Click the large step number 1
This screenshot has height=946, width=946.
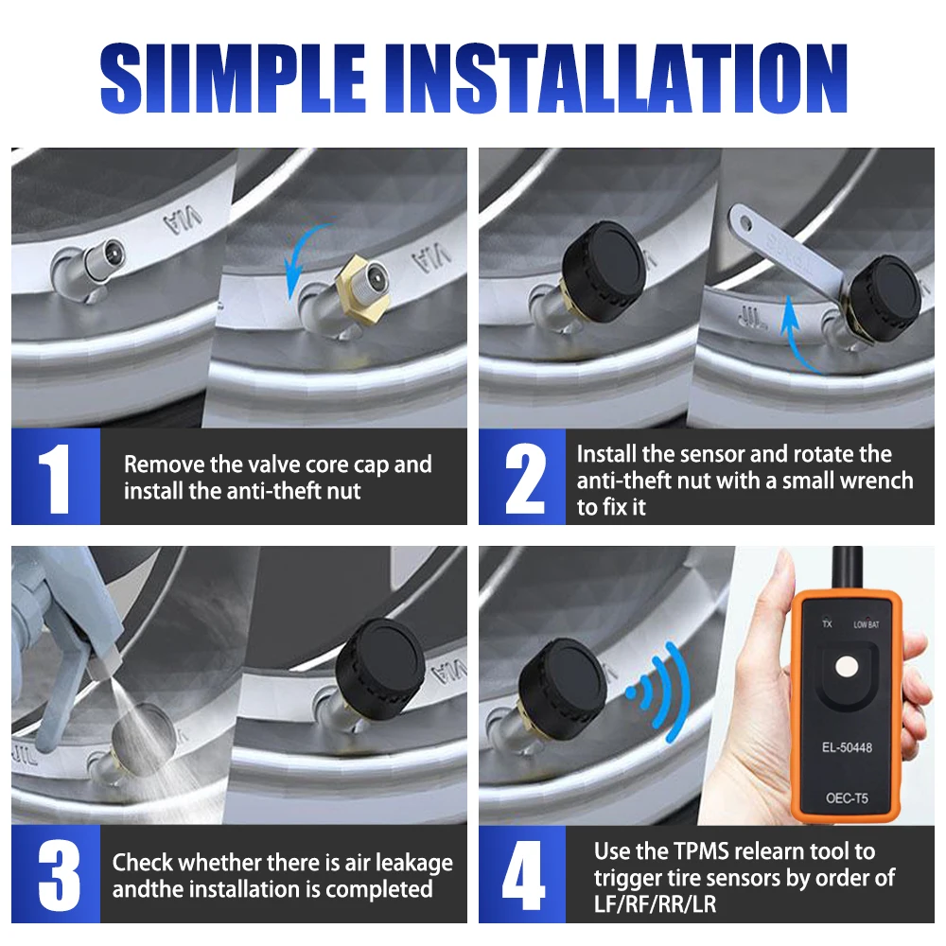pos(56,478)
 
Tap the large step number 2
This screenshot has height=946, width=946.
pos(525,478)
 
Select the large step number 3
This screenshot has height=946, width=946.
pos(59,875)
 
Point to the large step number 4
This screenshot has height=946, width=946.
pos(523,875)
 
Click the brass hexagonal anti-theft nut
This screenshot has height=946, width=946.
pos(359,286)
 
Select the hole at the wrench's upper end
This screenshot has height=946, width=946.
pos(746,225)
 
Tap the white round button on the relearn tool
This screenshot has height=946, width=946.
pos(847,667)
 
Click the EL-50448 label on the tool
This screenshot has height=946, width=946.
pos(847,747)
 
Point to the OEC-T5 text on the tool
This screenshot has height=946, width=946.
pos(847,798)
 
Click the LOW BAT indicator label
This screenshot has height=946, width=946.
pos(866,624)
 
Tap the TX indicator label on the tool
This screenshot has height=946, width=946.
pos(827,623)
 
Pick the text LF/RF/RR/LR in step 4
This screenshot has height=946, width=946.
pos(655,904)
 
